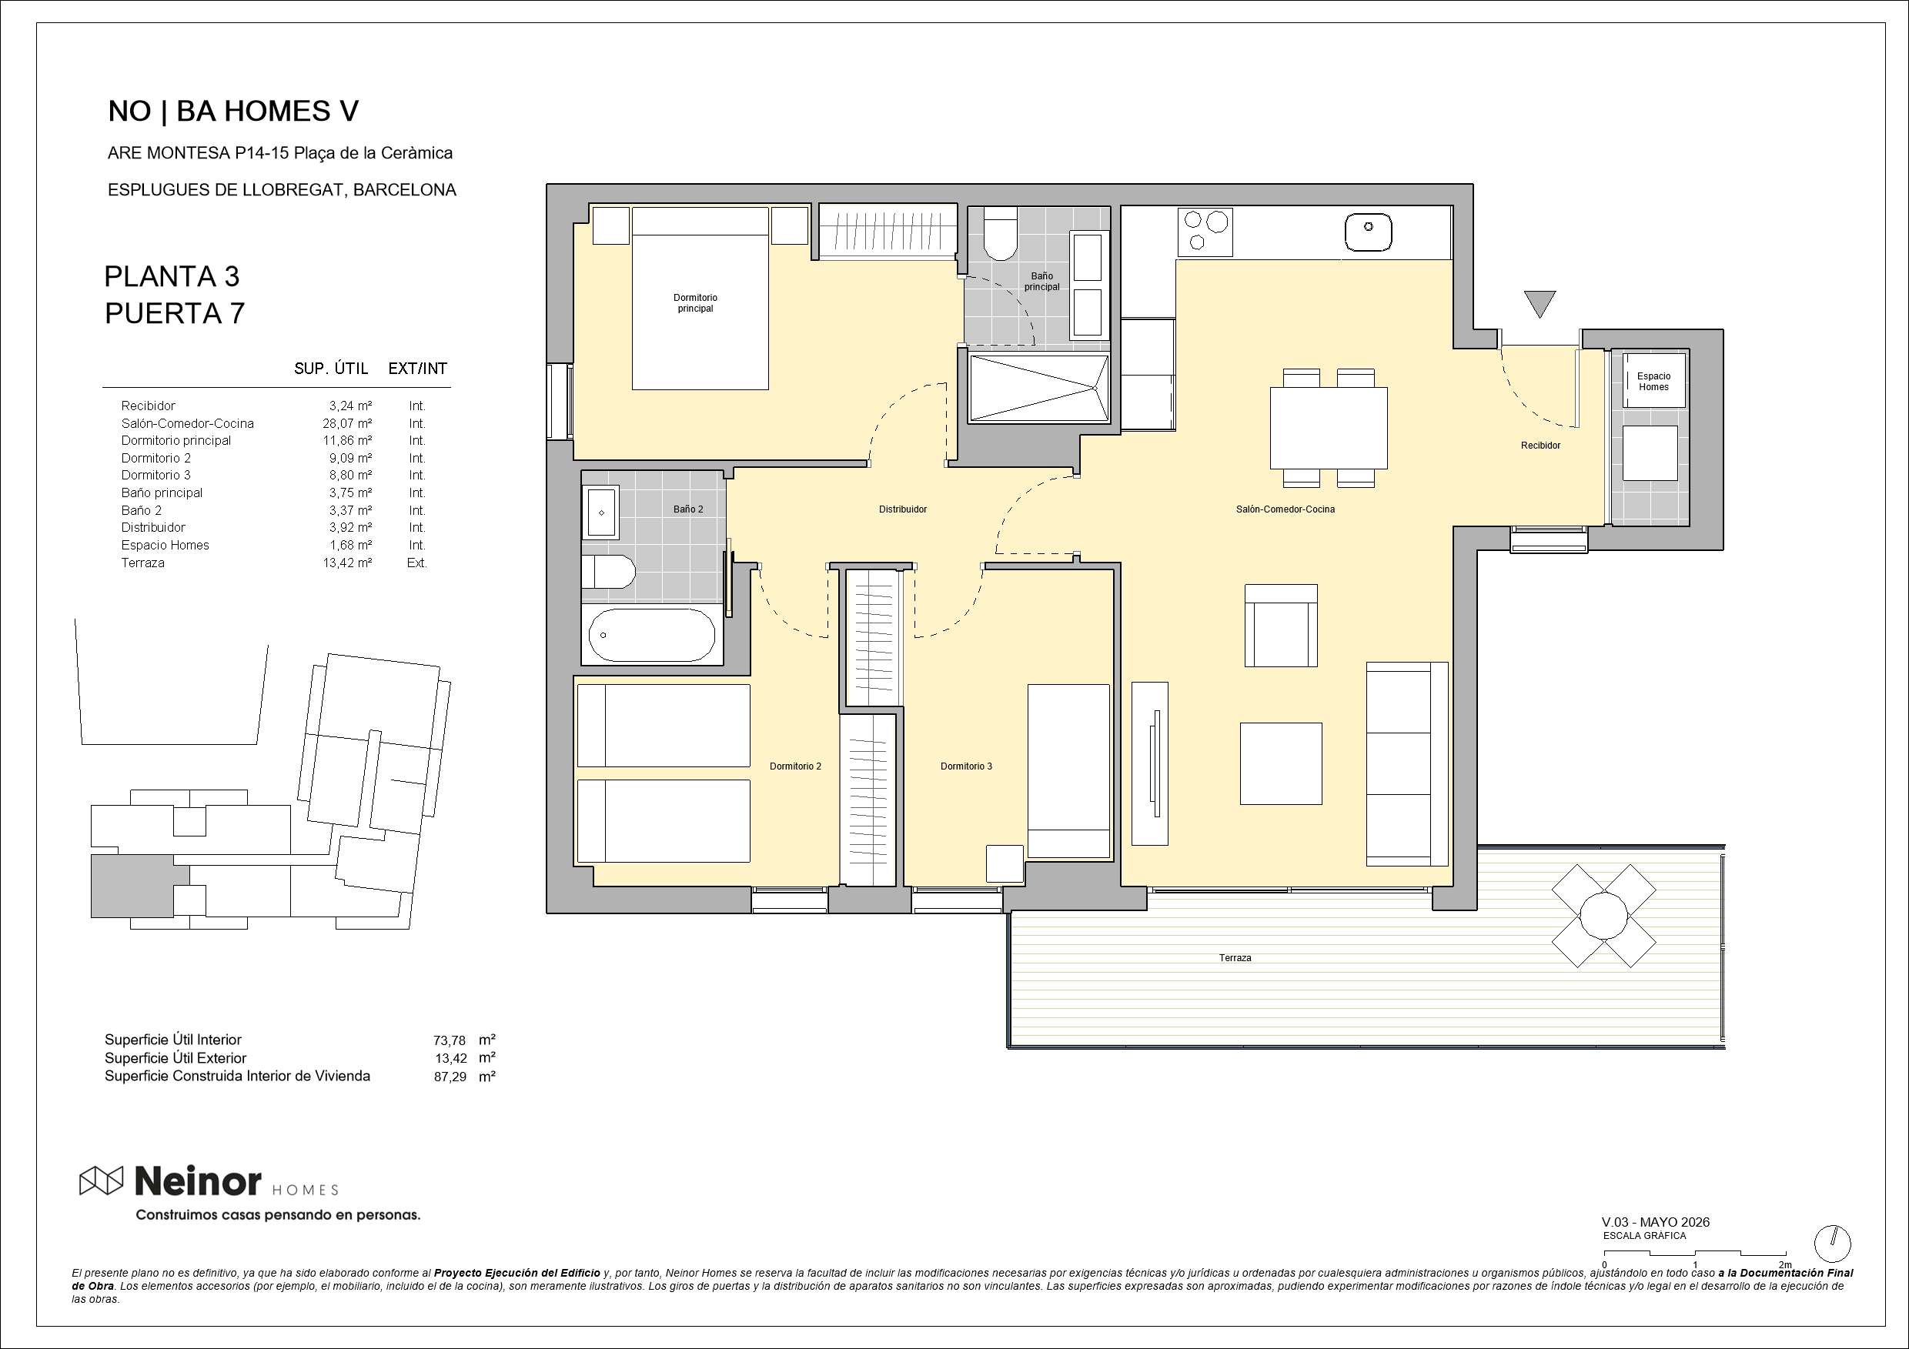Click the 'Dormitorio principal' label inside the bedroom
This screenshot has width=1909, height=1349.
point(695,302)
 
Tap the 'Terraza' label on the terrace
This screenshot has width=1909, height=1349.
point(1235,957)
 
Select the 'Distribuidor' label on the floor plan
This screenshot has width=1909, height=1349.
point(902,509)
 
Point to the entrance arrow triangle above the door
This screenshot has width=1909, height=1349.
point(1540,304)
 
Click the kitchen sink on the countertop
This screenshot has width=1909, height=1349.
point(1368,232)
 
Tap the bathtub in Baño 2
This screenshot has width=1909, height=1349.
point(651,635)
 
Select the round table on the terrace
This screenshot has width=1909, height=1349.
point(1603,915)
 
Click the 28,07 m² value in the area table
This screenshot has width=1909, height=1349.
point(347,423)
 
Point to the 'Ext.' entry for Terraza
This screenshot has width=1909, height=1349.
point(416,563)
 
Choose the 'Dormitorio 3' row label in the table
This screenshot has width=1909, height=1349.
point(156,475)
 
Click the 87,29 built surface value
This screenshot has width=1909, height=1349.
point(450,1077)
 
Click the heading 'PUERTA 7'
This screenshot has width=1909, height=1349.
point(175,313)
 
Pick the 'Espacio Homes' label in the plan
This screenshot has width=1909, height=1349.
point(1653,382)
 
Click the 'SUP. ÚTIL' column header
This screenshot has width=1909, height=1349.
point(330,368)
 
